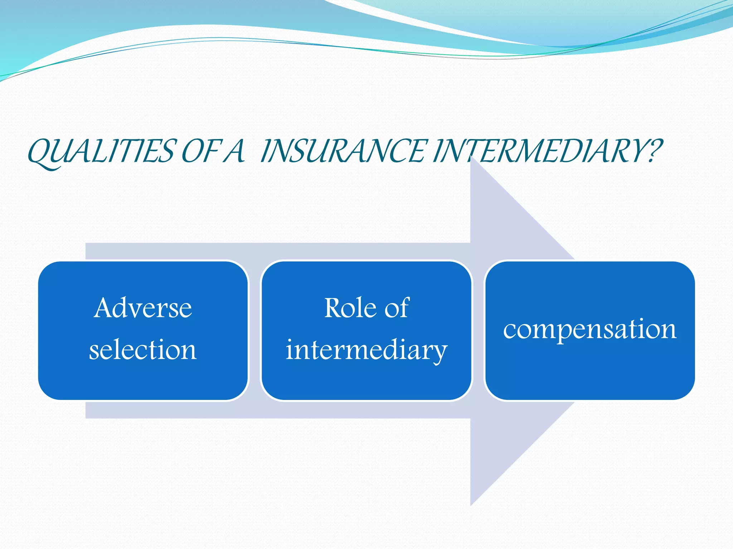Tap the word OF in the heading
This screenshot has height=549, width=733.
199,152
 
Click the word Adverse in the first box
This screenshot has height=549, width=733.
143,308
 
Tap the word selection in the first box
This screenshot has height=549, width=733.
143,350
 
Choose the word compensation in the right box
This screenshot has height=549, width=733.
589,329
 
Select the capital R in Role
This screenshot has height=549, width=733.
333,308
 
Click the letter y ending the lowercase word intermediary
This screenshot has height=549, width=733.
440,352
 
